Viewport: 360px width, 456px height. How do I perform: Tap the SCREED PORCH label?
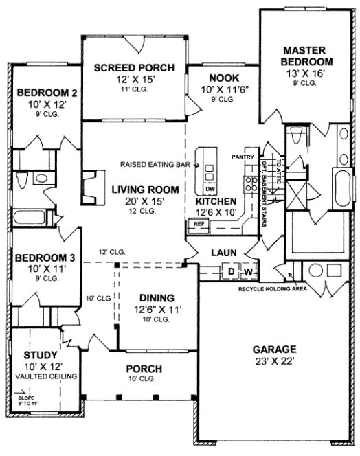coord(134,67)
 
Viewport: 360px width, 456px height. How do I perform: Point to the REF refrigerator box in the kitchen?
coord(199,224)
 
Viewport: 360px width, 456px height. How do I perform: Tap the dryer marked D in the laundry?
coord(232,273)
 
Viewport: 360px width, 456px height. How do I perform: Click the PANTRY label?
coord(244,157)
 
